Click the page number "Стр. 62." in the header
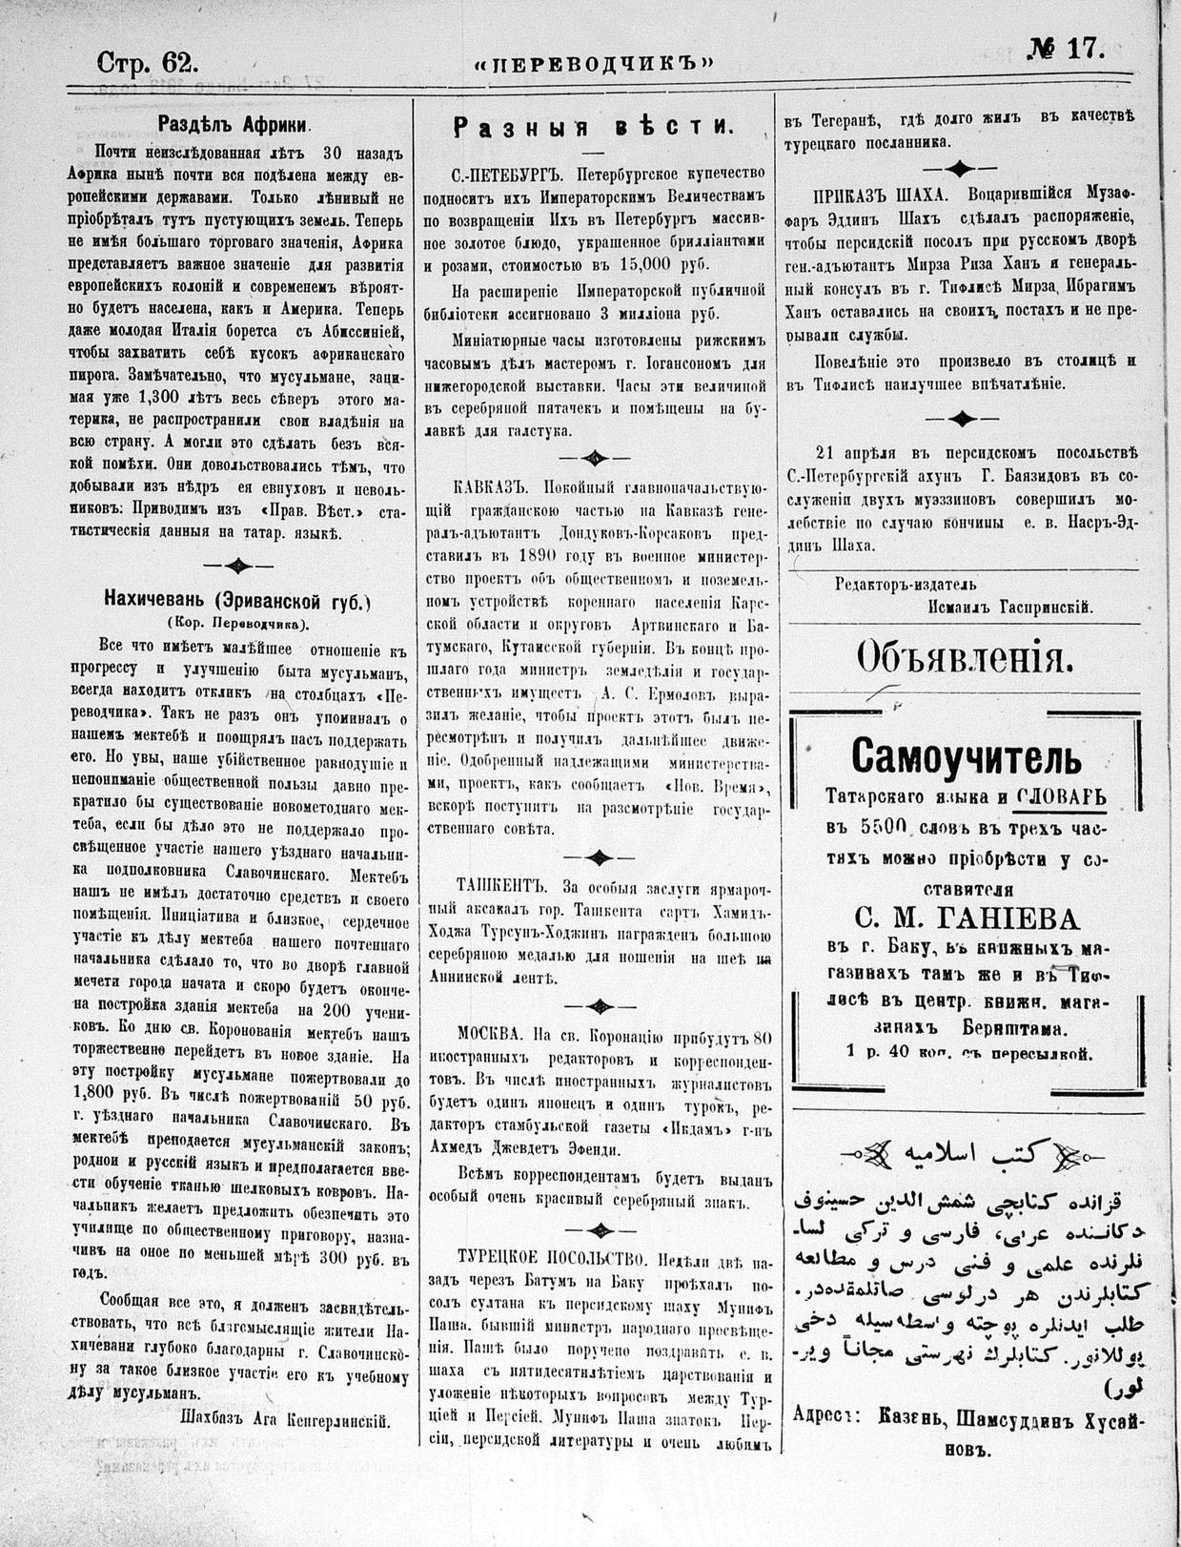[148, 63]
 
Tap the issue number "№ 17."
[1065, 51]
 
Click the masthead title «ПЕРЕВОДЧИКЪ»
[595, 65]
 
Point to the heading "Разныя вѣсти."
[593, 127]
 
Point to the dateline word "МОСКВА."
[490, 1035]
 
